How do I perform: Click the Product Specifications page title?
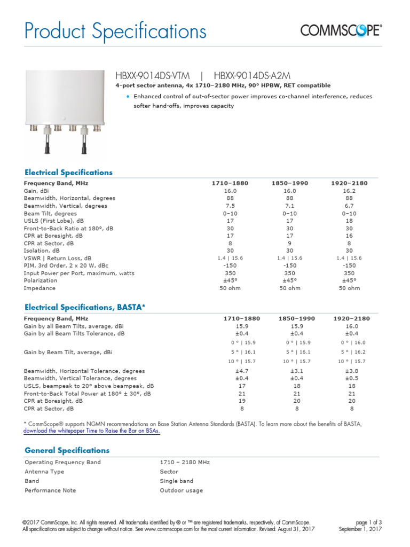115,32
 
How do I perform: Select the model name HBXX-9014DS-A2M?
252,76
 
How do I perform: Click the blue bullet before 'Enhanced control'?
128,97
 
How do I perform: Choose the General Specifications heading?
67,450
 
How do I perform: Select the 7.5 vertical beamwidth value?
230,206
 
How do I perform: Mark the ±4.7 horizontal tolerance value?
241,371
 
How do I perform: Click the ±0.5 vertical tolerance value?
351,378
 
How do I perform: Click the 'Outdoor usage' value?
181,490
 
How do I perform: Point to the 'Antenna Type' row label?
44,472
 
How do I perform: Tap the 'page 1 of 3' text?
368,522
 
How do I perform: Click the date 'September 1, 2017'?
360,529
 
